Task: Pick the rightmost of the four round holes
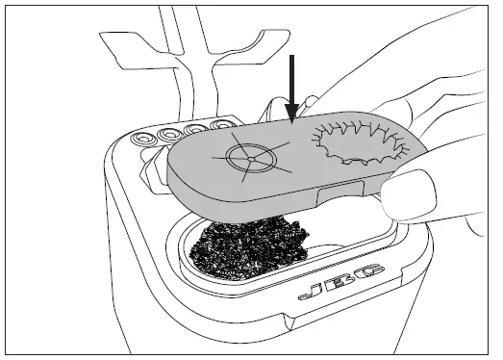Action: [x=227, y=124]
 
